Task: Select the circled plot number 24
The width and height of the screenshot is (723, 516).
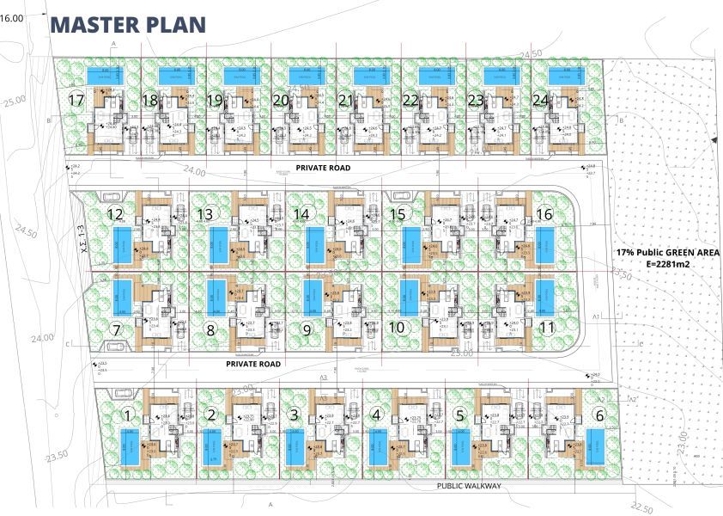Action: pyautogui.click(x=540, y=101)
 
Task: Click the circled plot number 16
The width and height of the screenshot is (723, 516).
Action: pyautogui.click(x=544, y=214)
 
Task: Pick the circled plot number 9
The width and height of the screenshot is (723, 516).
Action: pyautogui.click(x=307, y=327)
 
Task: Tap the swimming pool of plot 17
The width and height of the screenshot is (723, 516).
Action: pyautogui.click(x=105, y=77)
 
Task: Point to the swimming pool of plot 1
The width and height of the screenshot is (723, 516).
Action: pyautogui.click(x=128, y=447)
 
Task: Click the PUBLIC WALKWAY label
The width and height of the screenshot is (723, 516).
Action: pyautogui.click(x=468, y=486)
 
